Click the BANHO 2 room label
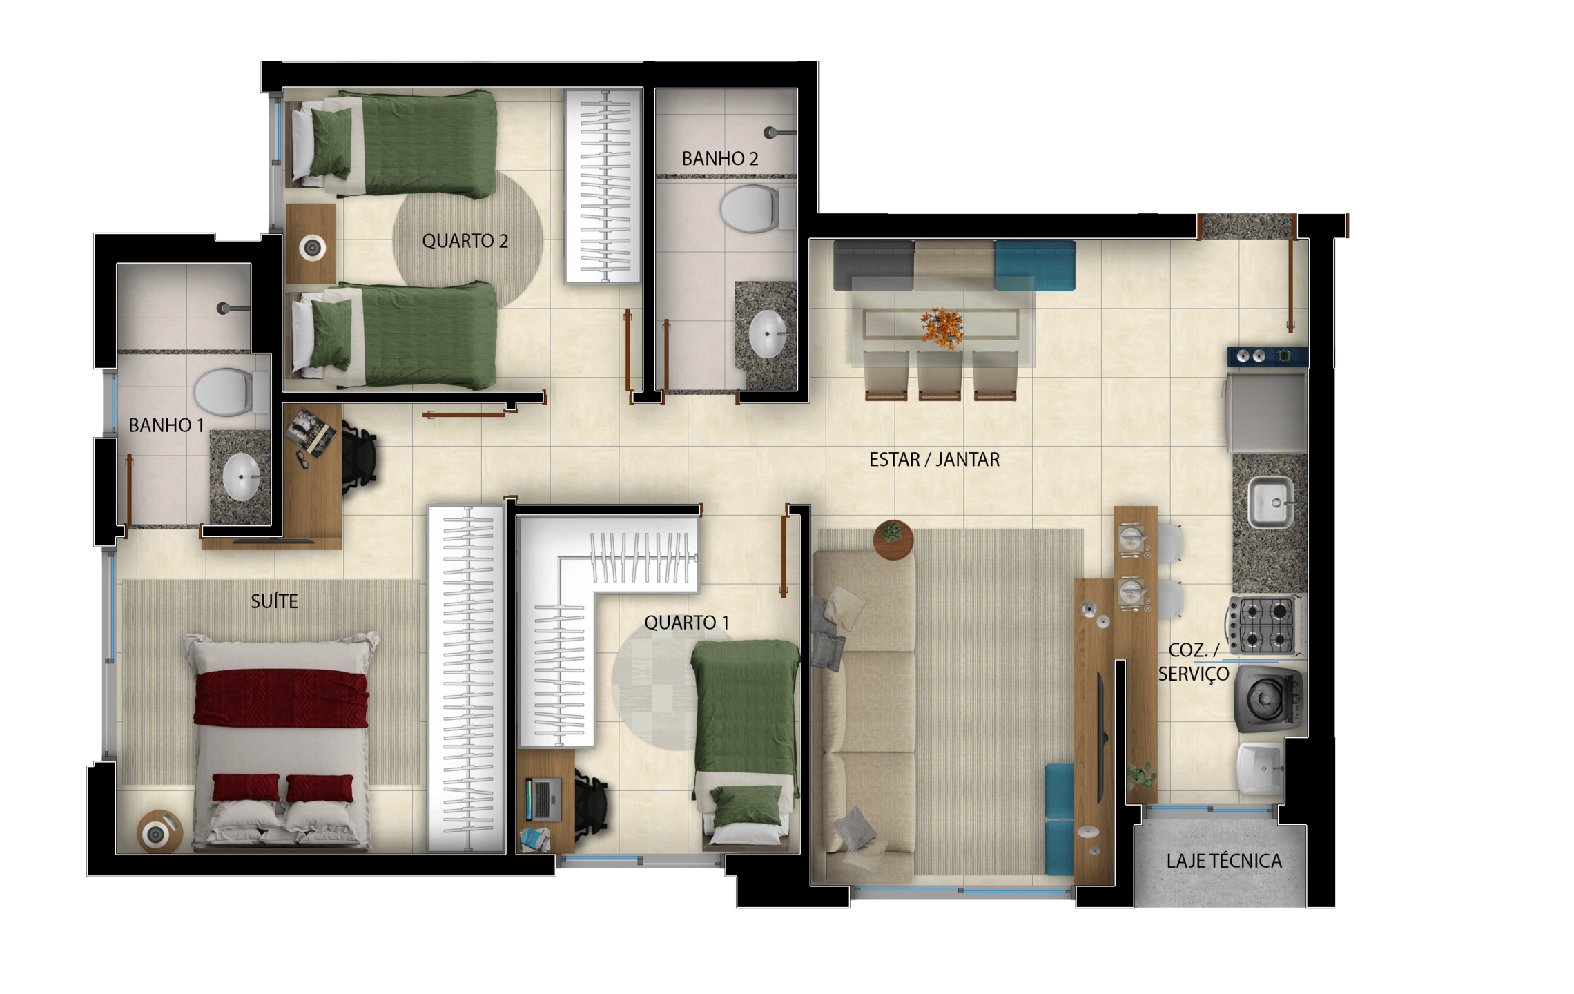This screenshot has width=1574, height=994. click(720, 159)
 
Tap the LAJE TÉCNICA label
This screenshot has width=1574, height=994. click(1224, 861)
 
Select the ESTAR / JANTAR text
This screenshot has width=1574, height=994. click(934, 460)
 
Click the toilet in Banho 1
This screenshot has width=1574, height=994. click(231, 391)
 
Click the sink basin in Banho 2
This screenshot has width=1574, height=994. click(767, 334)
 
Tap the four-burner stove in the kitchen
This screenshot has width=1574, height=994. click(1265, 625)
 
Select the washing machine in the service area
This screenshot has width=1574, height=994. click(1268, 699)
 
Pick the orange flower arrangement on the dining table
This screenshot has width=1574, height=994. click(942, 328)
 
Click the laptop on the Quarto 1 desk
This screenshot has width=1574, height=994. click(543, 799)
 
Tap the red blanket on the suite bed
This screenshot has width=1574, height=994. click(281, 698)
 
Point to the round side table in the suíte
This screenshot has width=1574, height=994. click(159, 832)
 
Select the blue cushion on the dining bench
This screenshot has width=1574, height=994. click(1035, 265)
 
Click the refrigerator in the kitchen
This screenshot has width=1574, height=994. click(1267, 412)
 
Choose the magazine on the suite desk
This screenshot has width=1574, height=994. click(312, 432)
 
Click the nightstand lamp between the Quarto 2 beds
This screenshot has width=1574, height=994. click(312, 247)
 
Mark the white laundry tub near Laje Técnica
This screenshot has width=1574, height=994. click(1261, 768)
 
